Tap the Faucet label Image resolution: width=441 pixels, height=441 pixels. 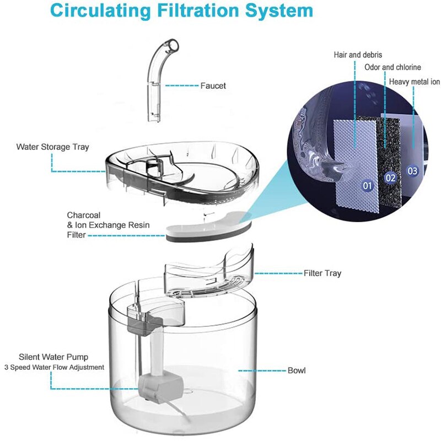pyautogui.click(x=213, y=86)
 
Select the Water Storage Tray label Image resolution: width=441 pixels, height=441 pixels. pyautogui.click(x=52, y=147)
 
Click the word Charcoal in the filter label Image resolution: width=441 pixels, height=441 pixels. pyautogui.click(x=84, y=215)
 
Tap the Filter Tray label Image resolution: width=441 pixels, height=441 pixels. pyautogui.click(x=322, y=273)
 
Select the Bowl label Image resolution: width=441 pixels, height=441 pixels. pyautogui.click(x=297, y=370)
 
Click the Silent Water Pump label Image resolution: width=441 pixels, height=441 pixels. pyautogui.click(x=53, y=357)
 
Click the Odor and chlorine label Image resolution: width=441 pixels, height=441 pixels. pyautogui.click(x=392, y=67)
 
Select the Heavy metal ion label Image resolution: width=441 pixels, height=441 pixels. pyautogui.click(x=414, y=82)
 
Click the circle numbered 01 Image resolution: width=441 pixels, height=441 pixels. pyautogui.click(x=368, y=186)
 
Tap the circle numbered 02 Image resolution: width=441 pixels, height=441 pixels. pyautogui.click(x=391, y=178)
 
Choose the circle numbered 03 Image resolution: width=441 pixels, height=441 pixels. pyautogui.click(x=412, y=171)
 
